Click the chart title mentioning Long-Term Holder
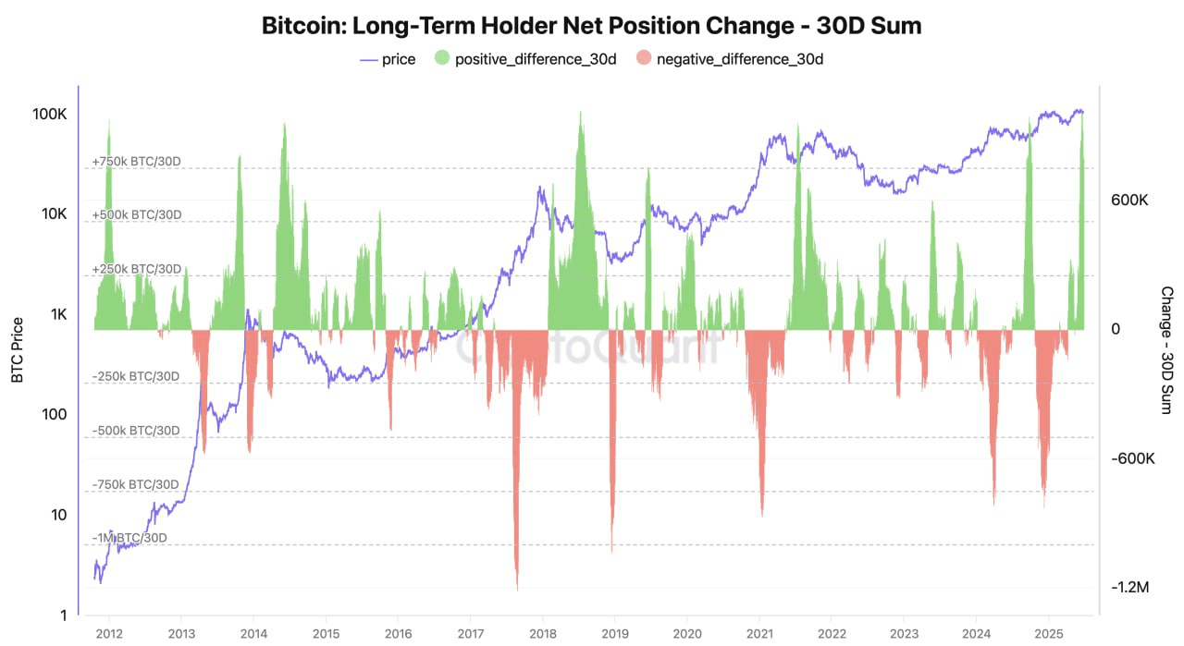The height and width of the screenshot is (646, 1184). [x=591, y=26]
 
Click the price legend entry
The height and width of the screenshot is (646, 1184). [x=388, y=59]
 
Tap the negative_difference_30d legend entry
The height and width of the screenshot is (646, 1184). [x=731, y=59]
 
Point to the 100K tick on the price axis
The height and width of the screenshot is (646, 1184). [x=49, y=114]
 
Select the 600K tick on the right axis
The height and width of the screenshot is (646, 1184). [x=1129, y=200]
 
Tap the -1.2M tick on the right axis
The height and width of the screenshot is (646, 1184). [x=1130, y=587]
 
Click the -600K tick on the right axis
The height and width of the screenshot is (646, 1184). [x=1129, y=458]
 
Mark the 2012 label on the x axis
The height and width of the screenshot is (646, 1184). [x=109, y=635]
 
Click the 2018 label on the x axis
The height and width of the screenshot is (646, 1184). [x=543, y=635]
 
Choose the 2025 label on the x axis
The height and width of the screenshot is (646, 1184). [x=1048, y=635]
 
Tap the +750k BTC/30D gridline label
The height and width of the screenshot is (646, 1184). [x=136, y=162]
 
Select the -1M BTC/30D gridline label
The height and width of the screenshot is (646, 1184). [x=130, y=538]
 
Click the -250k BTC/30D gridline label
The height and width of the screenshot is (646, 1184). [x=136, y=376]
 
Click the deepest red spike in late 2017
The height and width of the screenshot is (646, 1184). [x=517, y=586]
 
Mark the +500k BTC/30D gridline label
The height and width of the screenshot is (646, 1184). [x=137, y=214]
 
